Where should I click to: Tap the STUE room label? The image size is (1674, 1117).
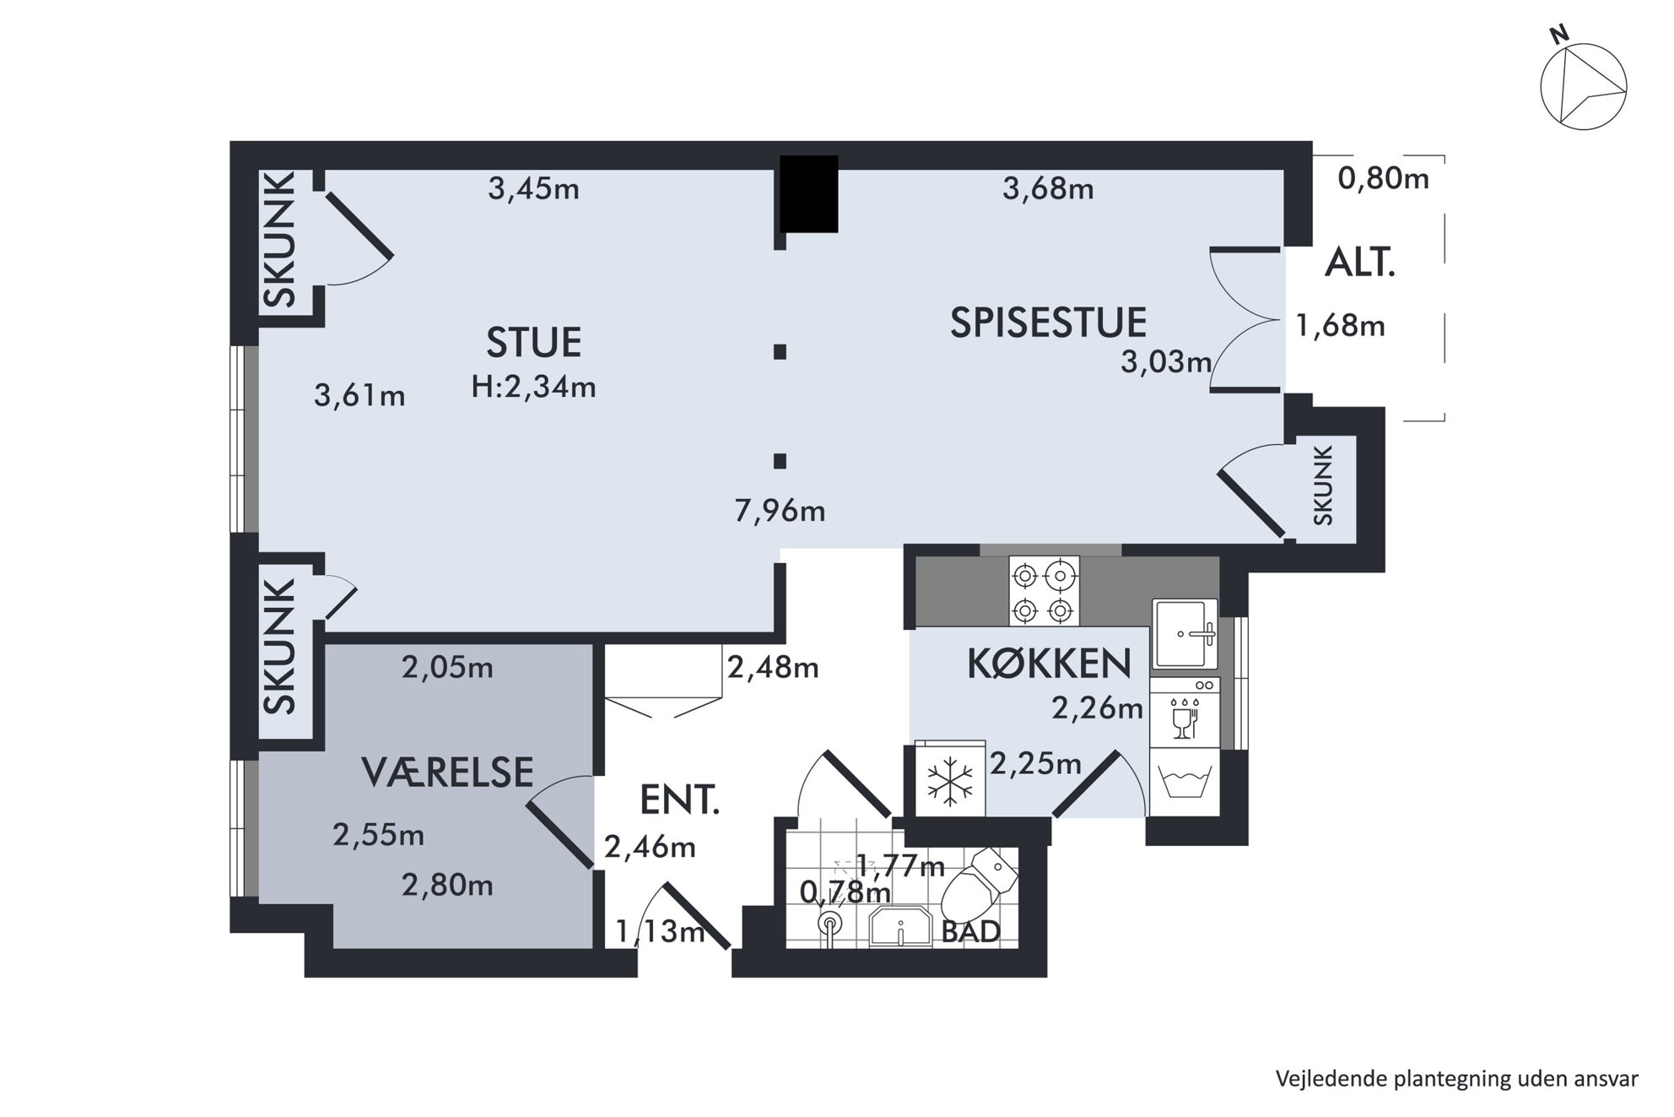[x=534, y=343]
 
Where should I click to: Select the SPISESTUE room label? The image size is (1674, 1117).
[x=1048, y=323]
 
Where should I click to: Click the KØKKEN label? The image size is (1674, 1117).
[x=1049, y=664]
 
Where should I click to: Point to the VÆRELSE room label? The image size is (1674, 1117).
[x=447, y=773]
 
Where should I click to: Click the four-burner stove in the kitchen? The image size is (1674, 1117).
[x=1044, y=591]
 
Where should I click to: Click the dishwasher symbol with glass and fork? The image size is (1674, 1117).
[x=1185, y=713]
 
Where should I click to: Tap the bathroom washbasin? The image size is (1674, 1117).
[x=900, y=928]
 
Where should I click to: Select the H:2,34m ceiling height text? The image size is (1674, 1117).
[x=534, y=387]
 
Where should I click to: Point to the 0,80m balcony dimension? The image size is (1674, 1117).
[x=1384, y=178]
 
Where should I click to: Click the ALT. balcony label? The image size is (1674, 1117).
[x=1360, y=264]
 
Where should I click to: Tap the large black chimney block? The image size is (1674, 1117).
[x=808, y=193]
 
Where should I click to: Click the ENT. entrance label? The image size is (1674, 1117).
[x=680, y=800]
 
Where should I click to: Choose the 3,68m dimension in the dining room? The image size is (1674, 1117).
[x=1048, y=188]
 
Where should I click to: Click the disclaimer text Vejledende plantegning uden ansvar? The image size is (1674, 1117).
[x=1457, y=1079]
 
